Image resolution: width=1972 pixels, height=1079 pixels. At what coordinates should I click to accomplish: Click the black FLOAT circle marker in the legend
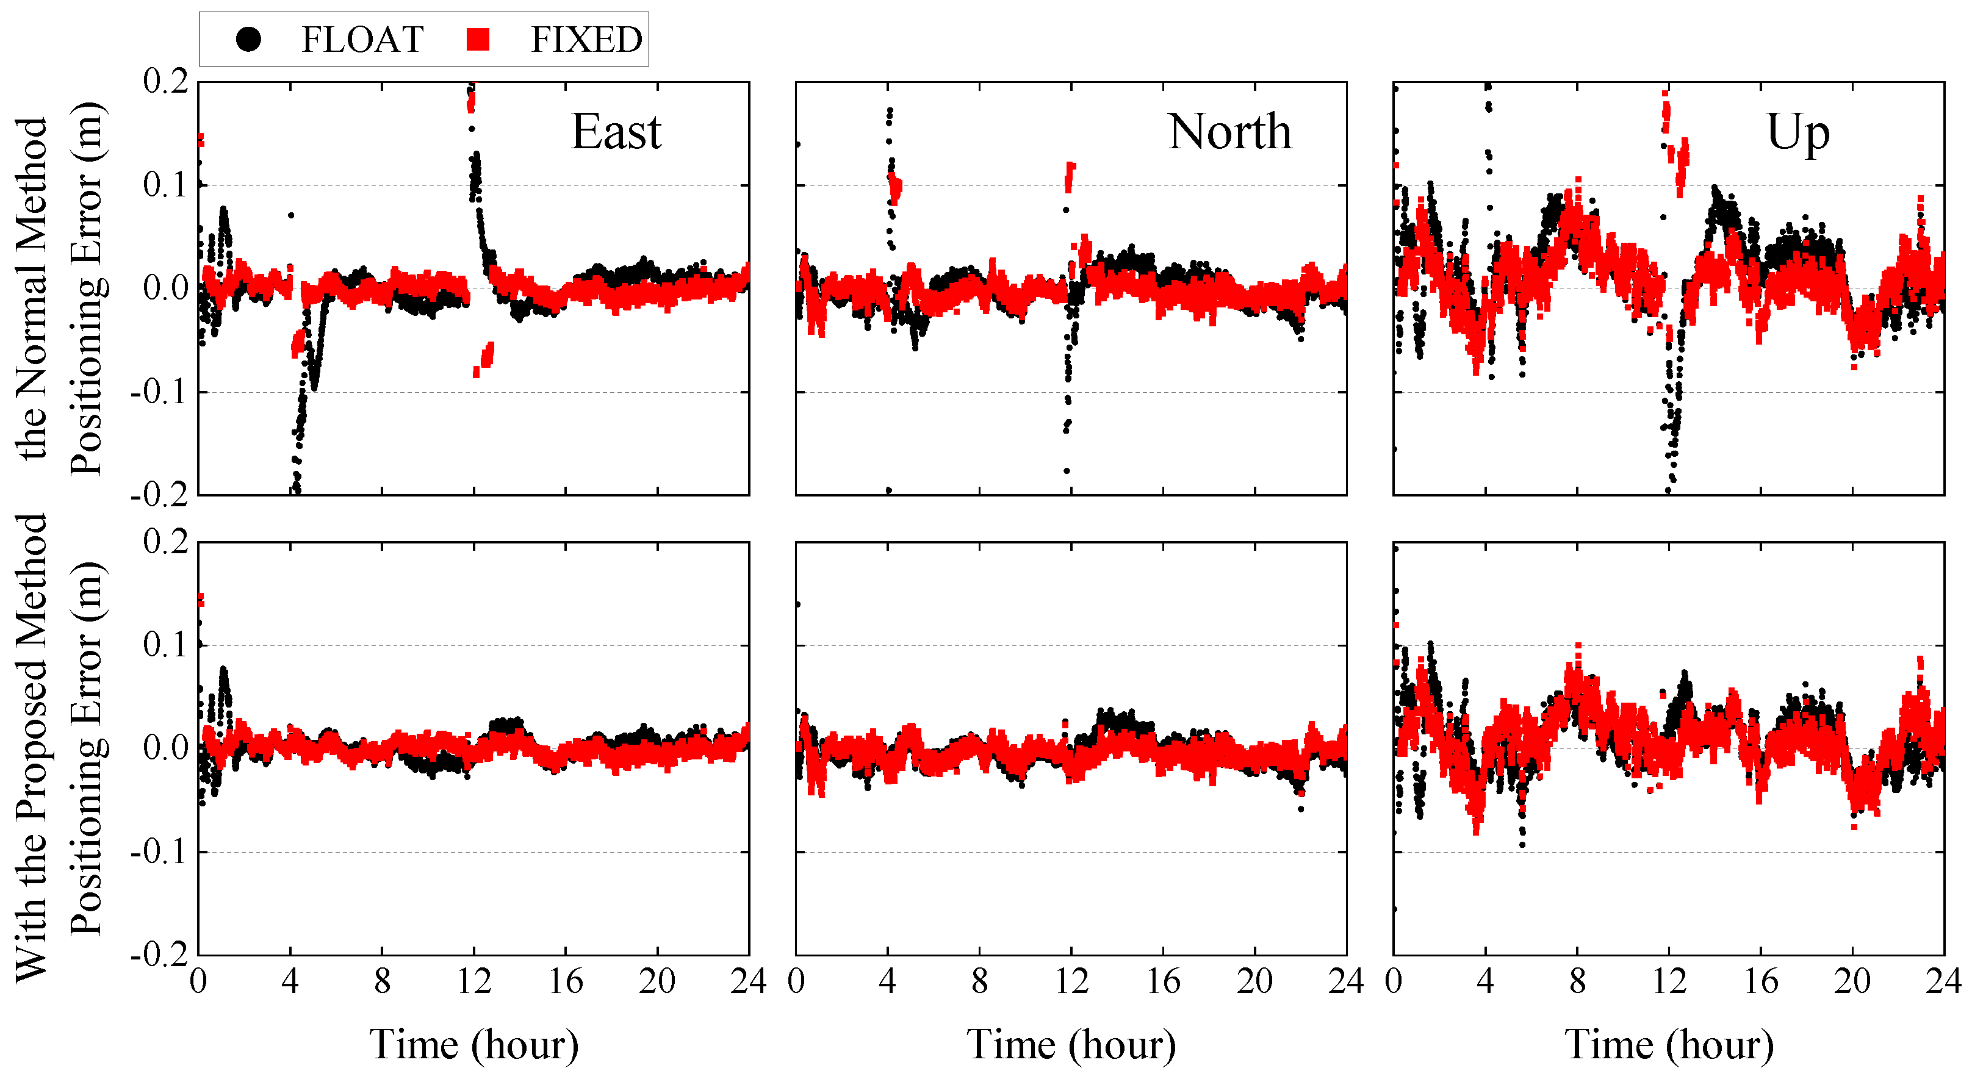(x=248, y=39)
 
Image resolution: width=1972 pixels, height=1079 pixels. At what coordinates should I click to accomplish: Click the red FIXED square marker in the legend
(x=478, y=39)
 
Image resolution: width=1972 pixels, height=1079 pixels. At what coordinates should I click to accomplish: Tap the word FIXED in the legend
(x=586, y=40)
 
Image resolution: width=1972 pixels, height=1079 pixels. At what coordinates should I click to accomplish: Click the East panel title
(x=616, y=132)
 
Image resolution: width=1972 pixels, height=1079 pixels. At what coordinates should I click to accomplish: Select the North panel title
(x=1229, y=132)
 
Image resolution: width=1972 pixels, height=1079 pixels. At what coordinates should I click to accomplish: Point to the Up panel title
(x=1797, y=133)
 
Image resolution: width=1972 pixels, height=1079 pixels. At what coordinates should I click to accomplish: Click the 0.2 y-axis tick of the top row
(x=165, y=81)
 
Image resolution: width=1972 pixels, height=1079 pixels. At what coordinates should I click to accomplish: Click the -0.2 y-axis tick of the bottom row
(x=159, y=955)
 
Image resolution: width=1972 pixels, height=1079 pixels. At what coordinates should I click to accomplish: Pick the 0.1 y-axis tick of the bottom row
(x=165, y=645)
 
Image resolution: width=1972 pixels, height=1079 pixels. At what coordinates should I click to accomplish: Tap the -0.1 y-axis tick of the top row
(x=159, y=392)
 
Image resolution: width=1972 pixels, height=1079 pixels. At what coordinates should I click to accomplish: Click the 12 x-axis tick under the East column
(x=474, y=982)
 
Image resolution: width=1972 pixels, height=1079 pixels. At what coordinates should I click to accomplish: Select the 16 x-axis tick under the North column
(x=1163, y=982)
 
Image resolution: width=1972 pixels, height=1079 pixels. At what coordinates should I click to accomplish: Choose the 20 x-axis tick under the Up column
(x=1852, y=982)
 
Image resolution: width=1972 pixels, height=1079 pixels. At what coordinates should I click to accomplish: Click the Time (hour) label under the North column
(x=1071, y=1045)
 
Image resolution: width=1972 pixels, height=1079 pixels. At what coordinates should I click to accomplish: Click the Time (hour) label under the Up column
(x=1669, y=1045)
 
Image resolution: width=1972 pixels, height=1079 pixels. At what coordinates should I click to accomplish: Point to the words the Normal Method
(x=32, y=289)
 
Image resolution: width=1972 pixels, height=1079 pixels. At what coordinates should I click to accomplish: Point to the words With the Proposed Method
(x=32, y=748)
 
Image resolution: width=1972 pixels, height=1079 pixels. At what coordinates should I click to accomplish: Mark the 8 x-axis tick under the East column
(x=382, y=982)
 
